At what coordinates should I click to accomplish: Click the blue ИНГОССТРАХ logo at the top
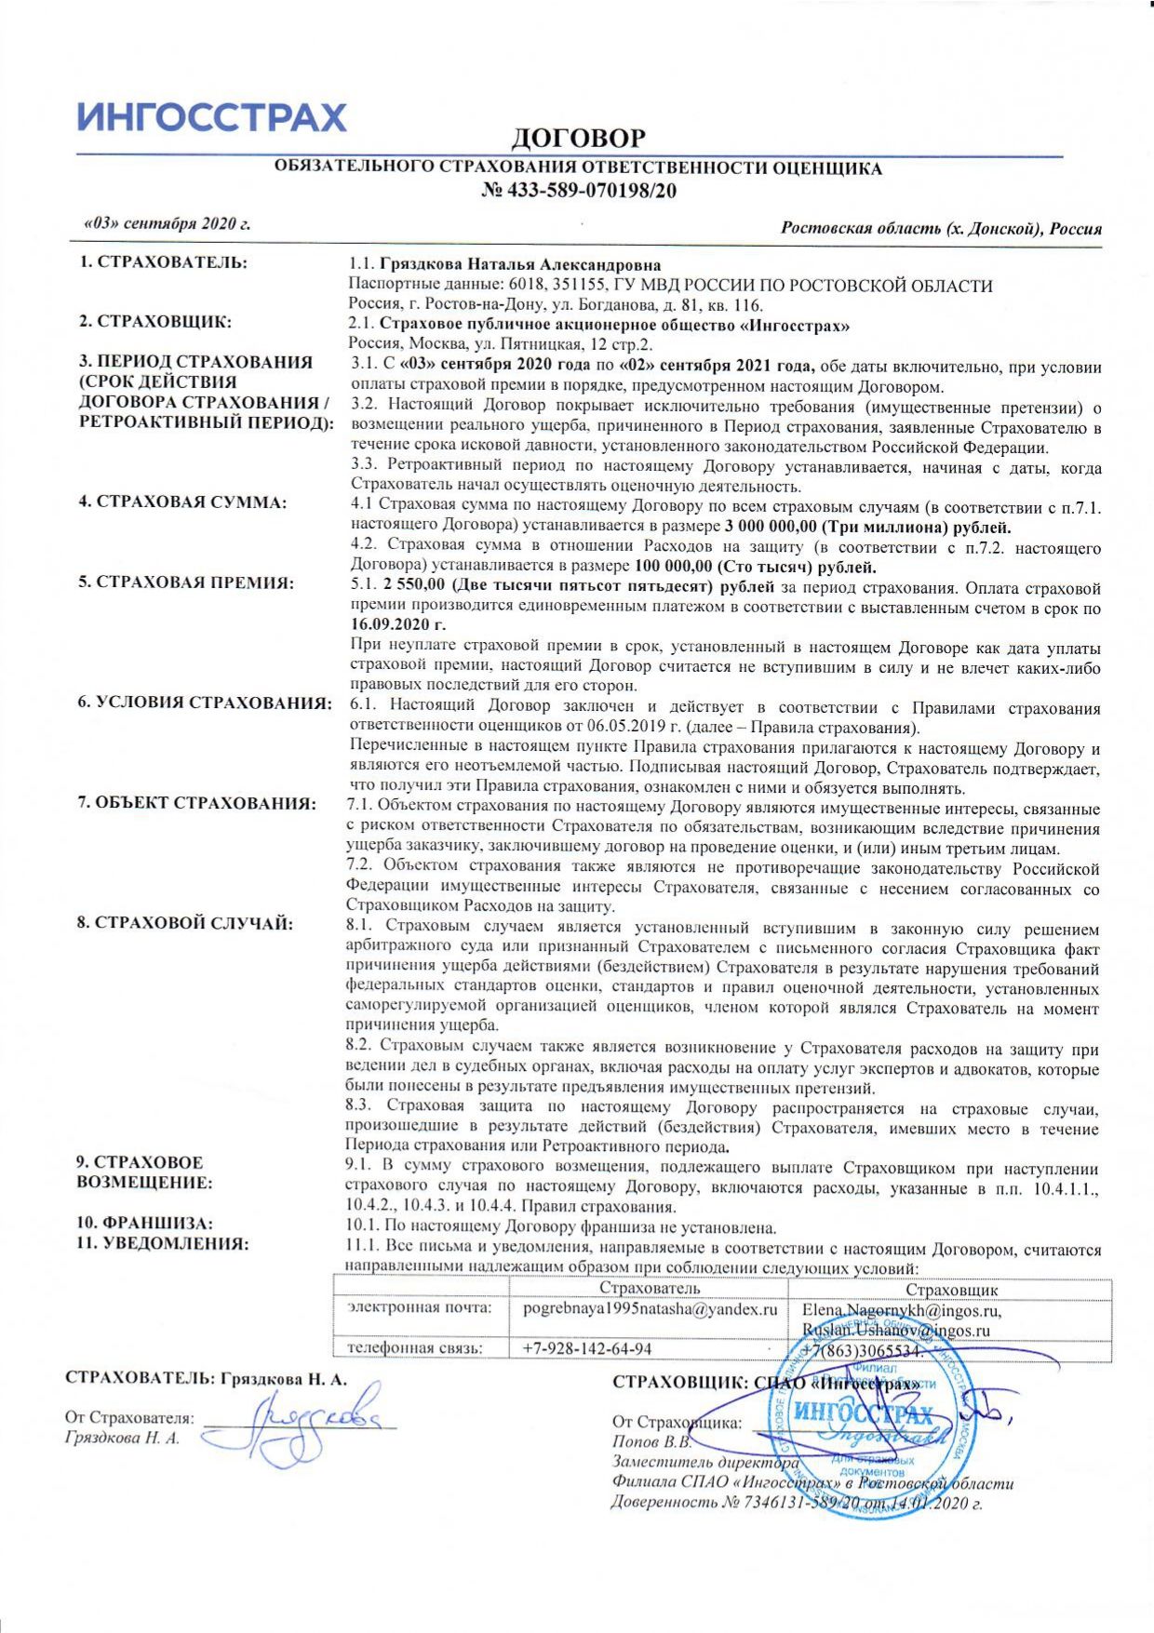point(211,117)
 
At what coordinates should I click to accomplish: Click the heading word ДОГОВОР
point(577,139)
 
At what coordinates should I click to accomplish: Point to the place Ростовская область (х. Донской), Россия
point(941,229)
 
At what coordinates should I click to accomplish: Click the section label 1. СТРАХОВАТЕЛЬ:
point(163,262)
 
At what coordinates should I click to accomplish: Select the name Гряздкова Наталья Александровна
point(520,265)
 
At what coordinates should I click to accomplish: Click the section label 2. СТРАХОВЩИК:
point(154,322)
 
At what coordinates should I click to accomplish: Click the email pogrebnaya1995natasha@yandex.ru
point(650,1310)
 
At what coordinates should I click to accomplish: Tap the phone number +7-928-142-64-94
point(587,1348)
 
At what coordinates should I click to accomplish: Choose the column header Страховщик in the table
point(951,1290)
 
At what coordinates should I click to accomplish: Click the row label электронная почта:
point(420,1308)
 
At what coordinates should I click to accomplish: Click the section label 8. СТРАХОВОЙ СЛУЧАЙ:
point(185,923)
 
